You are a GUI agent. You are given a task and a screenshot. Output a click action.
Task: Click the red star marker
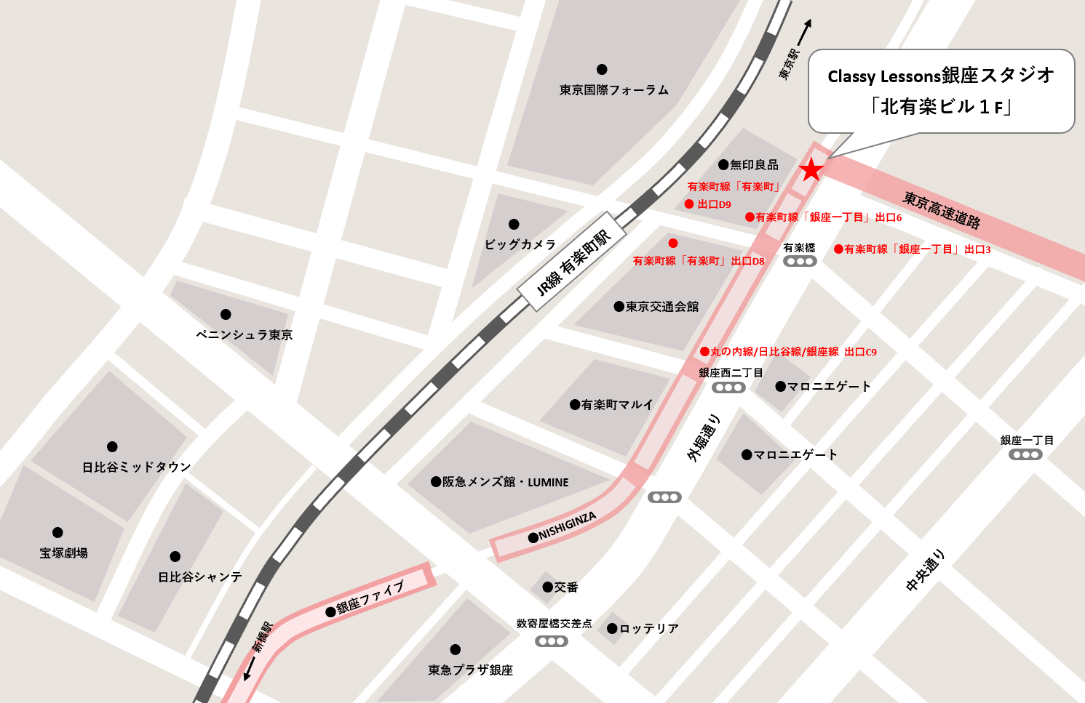coord(811,170)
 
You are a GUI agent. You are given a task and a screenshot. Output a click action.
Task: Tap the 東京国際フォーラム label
coord(613,90)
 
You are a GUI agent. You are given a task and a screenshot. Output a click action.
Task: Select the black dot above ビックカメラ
coord(514,224)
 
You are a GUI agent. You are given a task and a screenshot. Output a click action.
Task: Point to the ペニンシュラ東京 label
coord(244,335)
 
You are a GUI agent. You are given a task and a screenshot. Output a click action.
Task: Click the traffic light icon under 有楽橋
coord(799,262)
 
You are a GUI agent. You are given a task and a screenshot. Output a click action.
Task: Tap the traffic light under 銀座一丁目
coord(1025,455)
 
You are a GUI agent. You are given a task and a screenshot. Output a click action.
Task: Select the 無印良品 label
coord(754,165)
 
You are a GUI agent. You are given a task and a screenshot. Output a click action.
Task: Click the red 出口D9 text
coord(714,205)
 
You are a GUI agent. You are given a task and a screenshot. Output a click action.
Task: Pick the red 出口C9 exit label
coord(860,352)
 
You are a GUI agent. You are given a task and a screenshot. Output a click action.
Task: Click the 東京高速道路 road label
coord(942,209)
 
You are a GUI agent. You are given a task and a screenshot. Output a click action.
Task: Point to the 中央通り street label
coord(926,570)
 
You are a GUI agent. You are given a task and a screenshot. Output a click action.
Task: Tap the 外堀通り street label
coord(704,438)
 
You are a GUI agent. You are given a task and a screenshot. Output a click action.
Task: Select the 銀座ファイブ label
coord(370,597)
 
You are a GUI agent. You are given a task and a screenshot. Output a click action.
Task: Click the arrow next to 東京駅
coord(803,32)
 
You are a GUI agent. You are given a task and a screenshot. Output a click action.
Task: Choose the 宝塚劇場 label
coord(63,553)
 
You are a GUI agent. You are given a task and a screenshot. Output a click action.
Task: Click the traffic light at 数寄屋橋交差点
coord(551,641)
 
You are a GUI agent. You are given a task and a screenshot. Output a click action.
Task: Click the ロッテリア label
coord(648,629)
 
